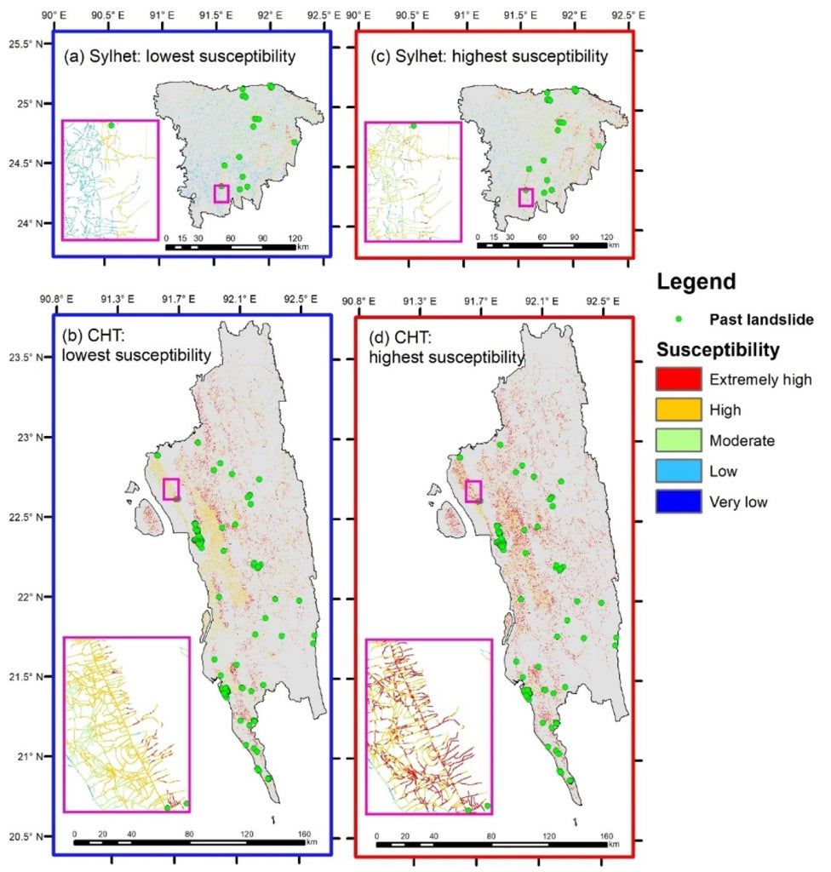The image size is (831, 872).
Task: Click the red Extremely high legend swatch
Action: pyautogui.click(x=678, y=379)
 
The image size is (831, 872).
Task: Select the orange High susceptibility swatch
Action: pyautogui.click(x=678, y=410)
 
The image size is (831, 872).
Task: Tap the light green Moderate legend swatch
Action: pyautogui.click(x=678, y=440)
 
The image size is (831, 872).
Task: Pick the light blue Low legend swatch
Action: pyautogui.click(x=678, y=471)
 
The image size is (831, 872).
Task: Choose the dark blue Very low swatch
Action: pyautogui.click(x=678, y=502)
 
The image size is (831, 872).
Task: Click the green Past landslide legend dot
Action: pyautogui.click(x=679, y=320)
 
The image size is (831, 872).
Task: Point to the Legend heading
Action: pyautogui.click(x=697, y=282)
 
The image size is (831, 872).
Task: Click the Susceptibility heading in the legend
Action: pyautogui.click(x=718, y=349)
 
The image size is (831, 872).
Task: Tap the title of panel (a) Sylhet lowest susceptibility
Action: pyautogui.click(x=179, y=57)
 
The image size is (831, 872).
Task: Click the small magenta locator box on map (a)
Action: pyautogui.click(x=221, y=193)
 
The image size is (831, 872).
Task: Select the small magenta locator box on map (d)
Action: pyautogui.click(x=473, y=490)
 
